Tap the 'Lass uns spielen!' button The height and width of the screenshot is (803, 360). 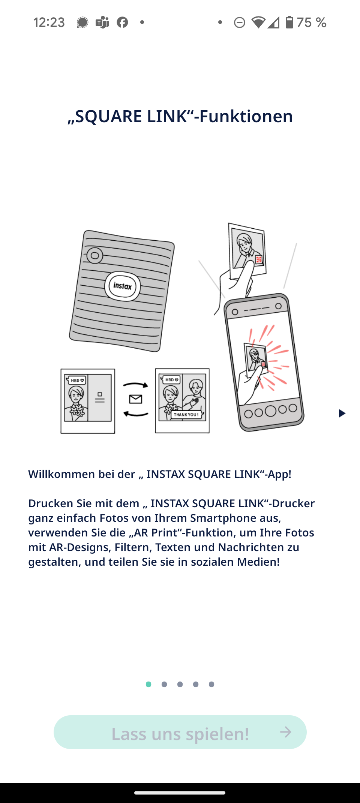pyautogui.click(x=180, y=732)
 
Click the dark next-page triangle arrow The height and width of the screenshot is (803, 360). pyautogui.click(x=342, y=413)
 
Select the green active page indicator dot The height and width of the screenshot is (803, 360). pyautogui.click(x=148, y=684)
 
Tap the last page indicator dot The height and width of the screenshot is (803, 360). pyautogui.click(x=211, y=684)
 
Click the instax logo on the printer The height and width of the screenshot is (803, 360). pyautogui.click(x=122, y=286)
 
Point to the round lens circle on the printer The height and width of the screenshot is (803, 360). pyautogui.click(x=94, y=256)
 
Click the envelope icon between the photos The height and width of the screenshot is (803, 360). pyautogui.click(x=136, y=399)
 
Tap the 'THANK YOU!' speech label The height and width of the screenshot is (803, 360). pyautogui.click(x=186, y=415)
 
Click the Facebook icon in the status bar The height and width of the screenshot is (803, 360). pyautogui.click(x=122, y=22)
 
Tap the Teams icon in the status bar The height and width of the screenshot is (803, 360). pyautogui.click(x=102, y=22)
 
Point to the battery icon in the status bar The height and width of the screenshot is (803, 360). pyautogui.click(x=289, y=22)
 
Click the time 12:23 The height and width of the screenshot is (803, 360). pyautogui.click(x=49, y=22)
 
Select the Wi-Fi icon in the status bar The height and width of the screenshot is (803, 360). pyautogui.click(x=258, y=22)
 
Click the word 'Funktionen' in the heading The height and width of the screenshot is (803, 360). pyautogui.click(x=246, y=116)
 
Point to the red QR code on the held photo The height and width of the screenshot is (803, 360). pyautogui.click(x=259, y=259)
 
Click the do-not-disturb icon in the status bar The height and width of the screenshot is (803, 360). pyautogui.click(x=239, y=23)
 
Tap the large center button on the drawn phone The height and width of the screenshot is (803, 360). pyautogui.click(x=270, y=411)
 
